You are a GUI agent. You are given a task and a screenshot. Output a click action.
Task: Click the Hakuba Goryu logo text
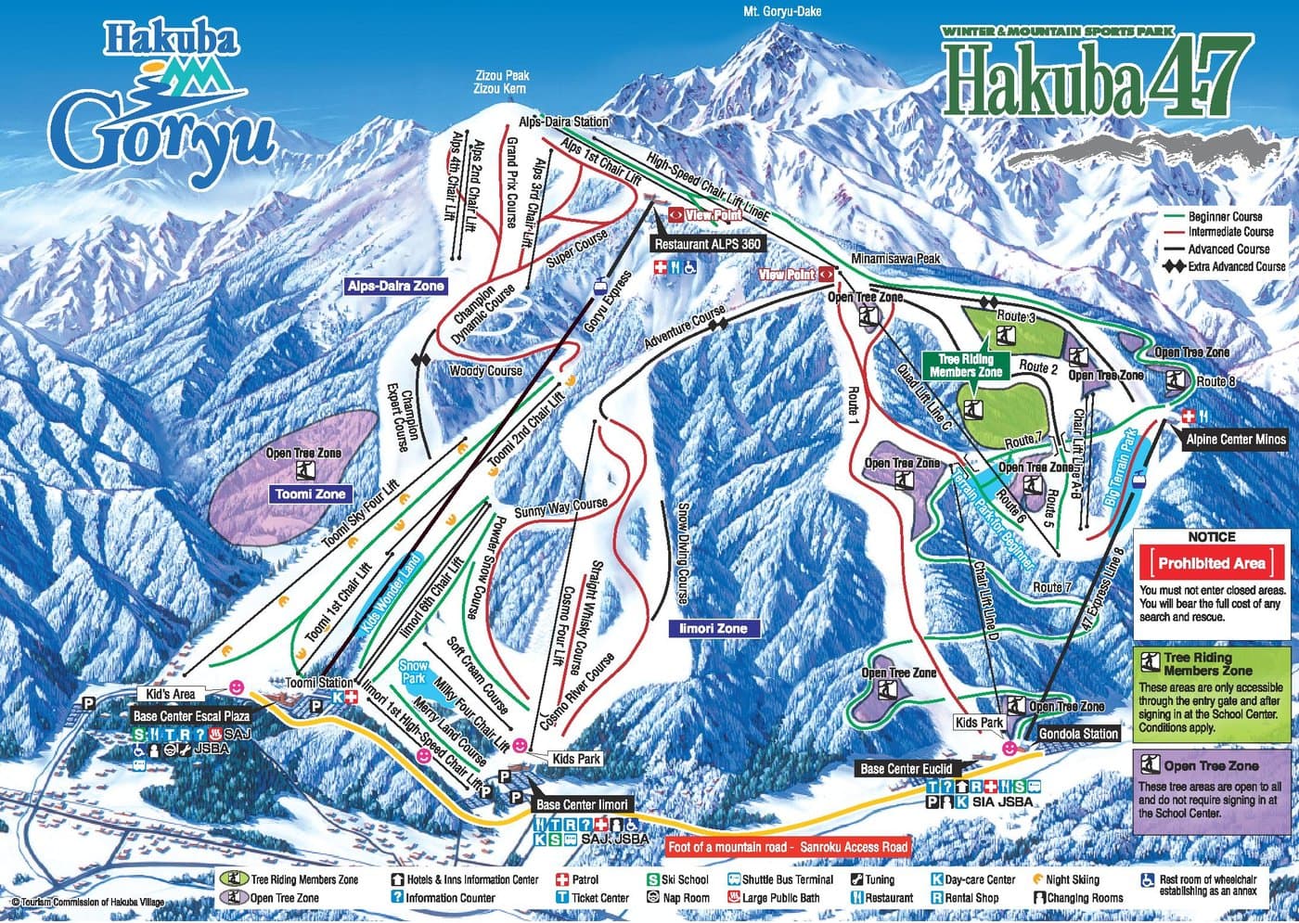162,111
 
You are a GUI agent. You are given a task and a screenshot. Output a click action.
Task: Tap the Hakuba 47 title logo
1095,83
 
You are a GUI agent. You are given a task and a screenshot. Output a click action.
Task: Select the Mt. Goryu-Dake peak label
782,11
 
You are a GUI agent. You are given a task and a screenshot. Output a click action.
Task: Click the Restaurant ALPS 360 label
707,244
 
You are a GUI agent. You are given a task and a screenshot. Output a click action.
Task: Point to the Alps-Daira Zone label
395,287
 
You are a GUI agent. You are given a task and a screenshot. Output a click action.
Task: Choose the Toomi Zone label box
310,494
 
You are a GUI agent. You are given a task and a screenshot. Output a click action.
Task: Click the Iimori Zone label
713,628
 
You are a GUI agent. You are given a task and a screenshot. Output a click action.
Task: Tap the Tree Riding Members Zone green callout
965,365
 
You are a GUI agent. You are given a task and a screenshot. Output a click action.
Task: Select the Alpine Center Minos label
1233,439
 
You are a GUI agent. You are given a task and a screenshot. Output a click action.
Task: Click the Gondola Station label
1077,733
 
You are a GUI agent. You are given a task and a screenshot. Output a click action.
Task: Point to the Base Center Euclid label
906,768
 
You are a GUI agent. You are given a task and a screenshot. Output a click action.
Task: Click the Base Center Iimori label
581,804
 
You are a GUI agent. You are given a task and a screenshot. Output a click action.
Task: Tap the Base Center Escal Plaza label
190,716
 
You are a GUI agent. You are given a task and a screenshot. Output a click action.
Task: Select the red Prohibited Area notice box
1211,563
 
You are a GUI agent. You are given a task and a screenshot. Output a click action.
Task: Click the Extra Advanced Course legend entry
1225,266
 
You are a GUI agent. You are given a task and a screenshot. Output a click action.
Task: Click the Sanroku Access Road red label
788,846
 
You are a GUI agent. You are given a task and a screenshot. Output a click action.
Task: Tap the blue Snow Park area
414,672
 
